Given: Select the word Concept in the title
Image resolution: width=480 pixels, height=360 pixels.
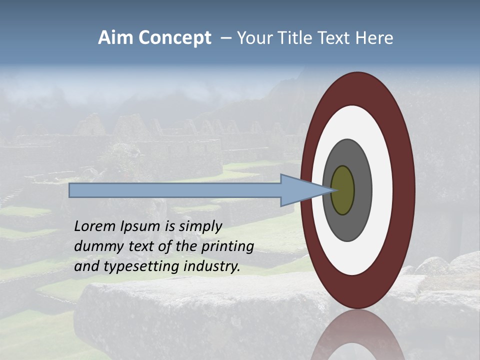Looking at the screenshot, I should click(x=174, y=38).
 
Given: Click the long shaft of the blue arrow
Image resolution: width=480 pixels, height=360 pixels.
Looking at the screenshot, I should click(x=175, y=190).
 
